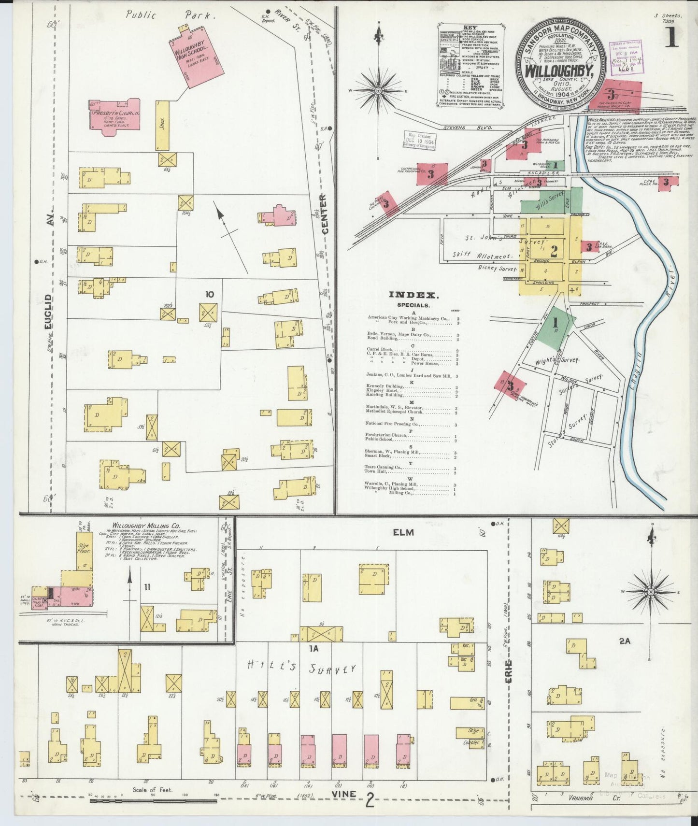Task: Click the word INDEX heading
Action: click(414, 295)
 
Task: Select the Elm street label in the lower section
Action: click(403, 532)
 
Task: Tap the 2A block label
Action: click(625, 641)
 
